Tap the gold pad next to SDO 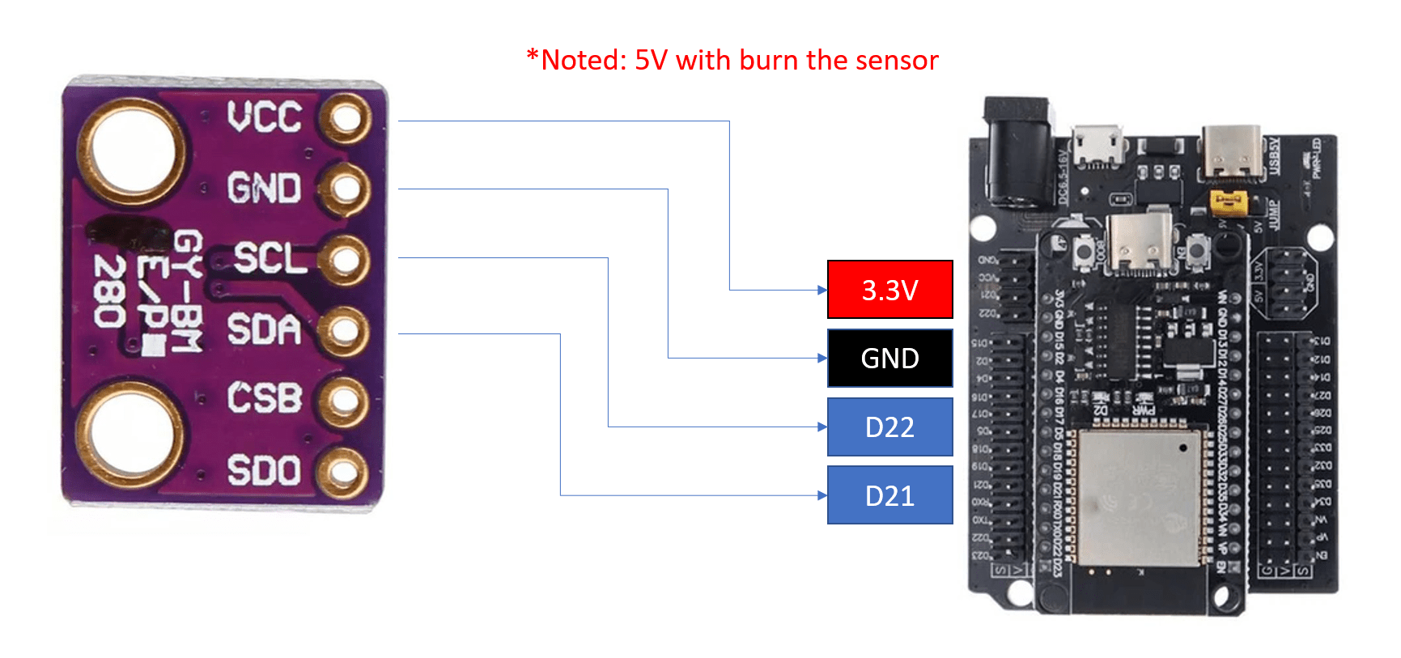pos(344,472)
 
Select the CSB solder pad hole pos(344,400)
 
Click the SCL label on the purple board pos(270,258)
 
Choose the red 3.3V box pos(889,290)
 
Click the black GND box pos(889,358)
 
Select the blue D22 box pos(889,427)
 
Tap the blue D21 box pos(889,495)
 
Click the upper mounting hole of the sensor pos(131,151)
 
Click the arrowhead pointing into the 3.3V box pos(822,290)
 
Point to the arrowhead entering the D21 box pos(822,495)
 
